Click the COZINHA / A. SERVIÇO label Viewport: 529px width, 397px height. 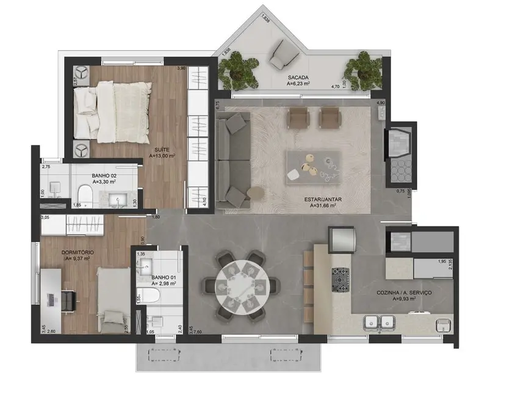[x=404, y=293]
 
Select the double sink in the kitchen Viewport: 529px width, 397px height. [x=376, y=322]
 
